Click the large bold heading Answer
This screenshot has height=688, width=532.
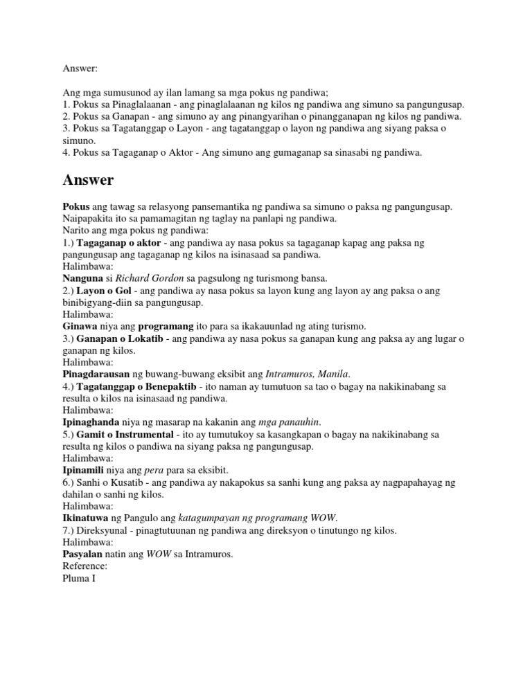88,180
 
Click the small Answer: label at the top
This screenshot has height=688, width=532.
80,69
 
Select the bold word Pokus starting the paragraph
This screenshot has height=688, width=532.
76,207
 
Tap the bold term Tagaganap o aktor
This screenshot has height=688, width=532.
120,244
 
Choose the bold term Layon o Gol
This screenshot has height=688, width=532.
105,291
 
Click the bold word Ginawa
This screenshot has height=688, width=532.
80,325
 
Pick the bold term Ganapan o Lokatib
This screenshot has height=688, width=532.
123,338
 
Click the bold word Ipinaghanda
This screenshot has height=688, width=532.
92,422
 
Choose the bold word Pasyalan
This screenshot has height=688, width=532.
84,554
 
